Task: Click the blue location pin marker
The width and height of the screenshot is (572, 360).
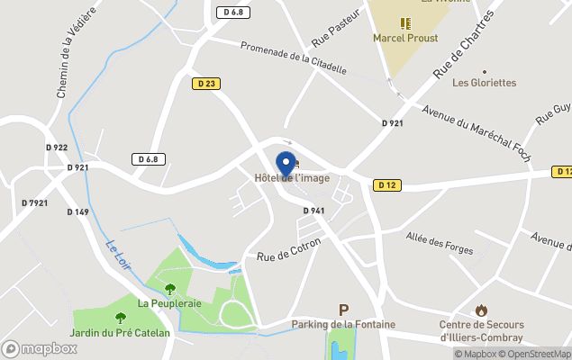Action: (286, 164)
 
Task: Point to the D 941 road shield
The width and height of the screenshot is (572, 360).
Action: (313, 211)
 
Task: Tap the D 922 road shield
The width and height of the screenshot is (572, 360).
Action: (56, 148)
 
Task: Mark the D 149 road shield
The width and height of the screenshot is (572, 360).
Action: (77, 212)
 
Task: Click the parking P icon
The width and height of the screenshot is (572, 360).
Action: (342, 309)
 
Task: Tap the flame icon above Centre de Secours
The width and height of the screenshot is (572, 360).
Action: (480, 310)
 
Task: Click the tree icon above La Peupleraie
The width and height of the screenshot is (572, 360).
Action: (169, 289)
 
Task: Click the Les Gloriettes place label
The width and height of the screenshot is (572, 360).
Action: (484, 83)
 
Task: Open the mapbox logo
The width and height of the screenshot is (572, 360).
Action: (40, 348)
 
